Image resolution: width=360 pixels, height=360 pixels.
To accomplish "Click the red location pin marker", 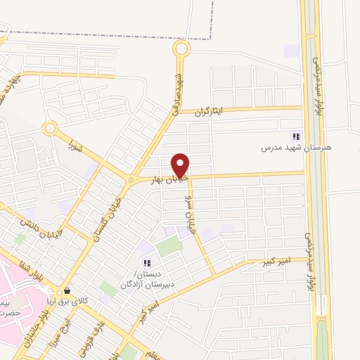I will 181,165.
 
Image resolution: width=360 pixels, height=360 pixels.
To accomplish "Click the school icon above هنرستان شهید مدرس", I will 296,136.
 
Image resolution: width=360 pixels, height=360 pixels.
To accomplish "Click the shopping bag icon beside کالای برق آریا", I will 67,290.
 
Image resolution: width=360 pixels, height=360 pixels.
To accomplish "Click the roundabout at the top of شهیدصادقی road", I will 181,49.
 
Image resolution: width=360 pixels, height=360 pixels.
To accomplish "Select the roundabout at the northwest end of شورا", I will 50,129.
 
